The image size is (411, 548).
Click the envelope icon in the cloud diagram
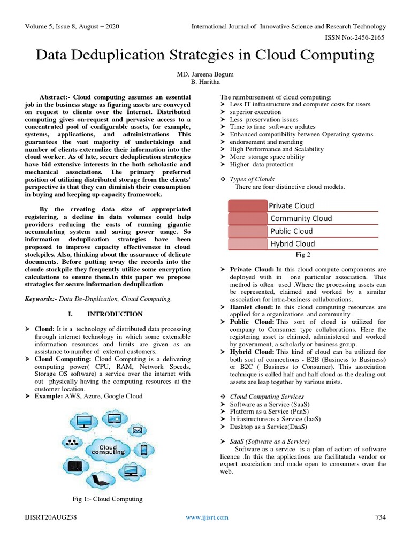tap(137, 430)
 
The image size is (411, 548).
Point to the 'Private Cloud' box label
tap(291, 205)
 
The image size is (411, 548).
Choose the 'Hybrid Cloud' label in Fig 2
tap(293, 243)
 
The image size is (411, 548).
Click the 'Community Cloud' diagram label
tap(301, 218)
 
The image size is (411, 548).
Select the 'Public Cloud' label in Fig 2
tap(292, 231)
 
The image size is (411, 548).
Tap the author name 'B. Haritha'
tap(205, 82)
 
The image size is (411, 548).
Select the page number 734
tap(380, 517)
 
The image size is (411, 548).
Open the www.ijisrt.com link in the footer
tap(207, 517)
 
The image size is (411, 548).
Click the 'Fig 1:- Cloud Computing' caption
tap(108, 499)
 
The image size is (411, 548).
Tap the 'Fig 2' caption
tap(303, 255)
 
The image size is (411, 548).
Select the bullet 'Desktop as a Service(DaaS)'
tap(268, 427)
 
